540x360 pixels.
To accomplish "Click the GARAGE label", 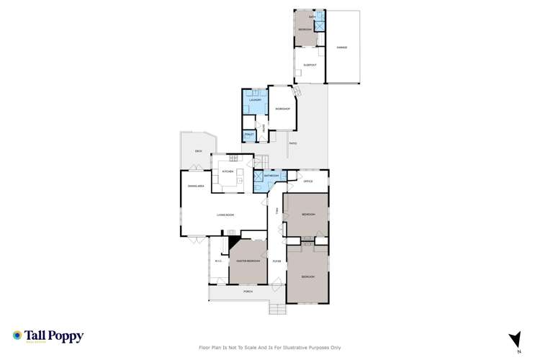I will point(342,48).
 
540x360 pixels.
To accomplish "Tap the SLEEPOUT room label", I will point(310,64).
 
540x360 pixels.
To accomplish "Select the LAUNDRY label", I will point(254,100).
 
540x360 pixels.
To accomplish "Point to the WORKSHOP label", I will point(282,109).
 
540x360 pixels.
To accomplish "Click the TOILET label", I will point(249,135).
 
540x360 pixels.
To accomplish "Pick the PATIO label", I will point(293,143).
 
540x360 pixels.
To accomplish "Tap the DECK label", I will point(198,151).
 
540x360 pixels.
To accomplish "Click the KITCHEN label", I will point(228,171).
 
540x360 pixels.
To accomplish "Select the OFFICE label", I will point(308,181).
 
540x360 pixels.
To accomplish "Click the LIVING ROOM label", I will point(228,215).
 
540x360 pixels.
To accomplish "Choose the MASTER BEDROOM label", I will point(248,261).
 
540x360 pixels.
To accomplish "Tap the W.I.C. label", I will point(218,261).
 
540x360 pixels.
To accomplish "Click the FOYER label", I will point(276,261).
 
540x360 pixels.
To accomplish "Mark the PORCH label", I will point(247,292).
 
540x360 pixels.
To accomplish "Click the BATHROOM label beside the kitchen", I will point(271,176).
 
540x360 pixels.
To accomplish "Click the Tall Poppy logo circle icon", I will point(17,336).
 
